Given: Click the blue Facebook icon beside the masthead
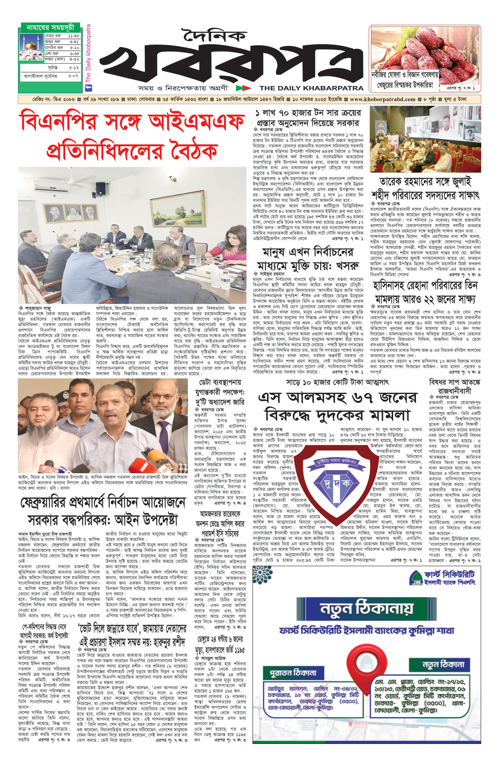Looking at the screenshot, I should (x=88, y=87).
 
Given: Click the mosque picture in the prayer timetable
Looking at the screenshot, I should (x=32, y=48).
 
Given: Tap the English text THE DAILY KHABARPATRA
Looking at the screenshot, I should (x=311, y=88).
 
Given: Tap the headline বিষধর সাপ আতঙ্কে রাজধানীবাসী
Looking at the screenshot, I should (x=454, y=386).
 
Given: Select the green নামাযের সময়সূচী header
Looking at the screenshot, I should (x=50, y=28).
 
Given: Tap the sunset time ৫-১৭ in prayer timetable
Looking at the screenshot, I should (x=74, y=68).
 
